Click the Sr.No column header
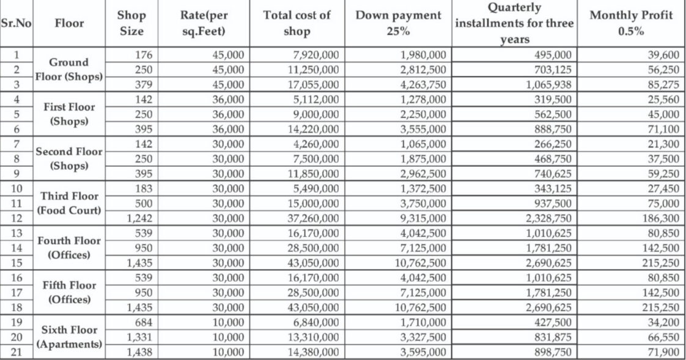point(16,24)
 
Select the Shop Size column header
point(131,24)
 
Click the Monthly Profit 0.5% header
point(630,24)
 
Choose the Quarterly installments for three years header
point(514,24)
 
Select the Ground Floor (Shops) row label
point(68,70)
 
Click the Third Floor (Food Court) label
point(68,204)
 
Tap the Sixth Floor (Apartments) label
point(68,337)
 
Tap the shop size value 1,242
point(139,218)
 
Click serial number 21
point(16,352)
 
